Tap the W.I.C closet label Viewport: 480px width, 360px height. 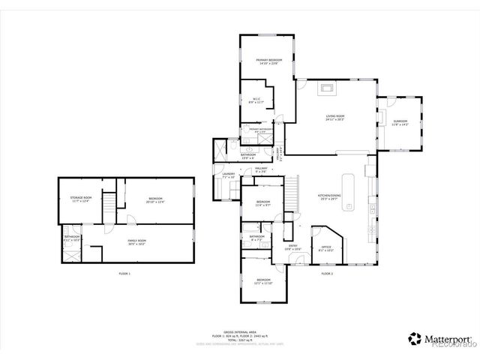(256, 100)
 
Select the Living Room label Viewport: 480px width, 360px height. (334, 117)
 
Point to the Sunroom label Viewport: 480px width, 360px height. (400, 122)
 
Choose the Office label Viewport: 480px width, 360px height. (326, 247)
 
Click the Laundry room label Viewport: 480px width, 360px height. (229, 176)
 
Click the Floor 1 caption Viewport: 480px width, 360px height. (124, 274)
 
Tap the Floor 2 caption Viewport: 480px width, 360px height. (327, 274)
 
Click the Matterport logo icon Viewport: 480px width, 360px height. (414, 338)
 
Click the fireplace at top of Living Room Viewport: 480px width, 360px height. (326, 88)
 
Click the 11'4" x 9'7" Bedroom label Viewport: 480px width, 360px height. (262, 203)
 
